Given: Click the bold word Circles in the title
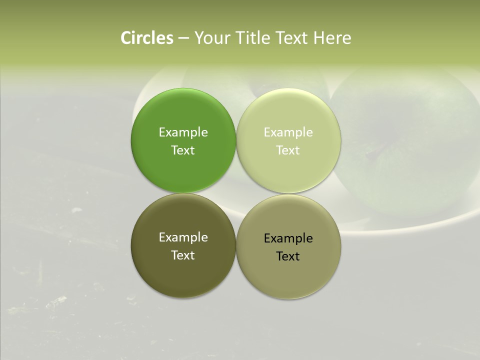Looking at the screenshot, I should pyautogui.click(x=147, y=38).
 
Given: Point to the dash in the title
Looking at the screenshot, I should pyautogui.click(x=183, y=38).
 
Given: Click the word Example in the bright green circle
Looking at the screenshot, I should pyautogui.click(x=183, y=132).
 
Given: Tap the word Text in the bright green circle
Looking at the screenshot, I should pyautogui.click(x=183, y=150).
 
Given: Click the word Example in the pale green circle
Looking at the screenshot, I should pyautogui.click(x=288, y=132).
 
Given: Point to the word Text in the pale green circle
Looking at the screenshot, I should pyautogui.click(x=288, y=150).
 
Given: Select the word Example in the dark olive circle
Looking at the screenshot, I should pyautogui.click(x=183, y=237).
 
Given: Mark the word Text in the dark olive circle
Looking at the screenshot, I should pyautogui.click(x=183, y=255).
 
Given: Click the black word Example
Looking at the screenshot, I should pyautogui.click(x=288, y=238).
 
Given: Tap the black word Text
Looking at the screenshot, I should pyautogui.click(x=288, y=256).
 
